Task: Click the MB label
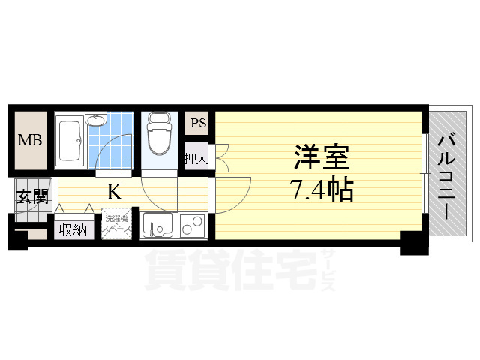(x=30, y=140)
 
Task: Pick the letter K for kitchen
(x=114, y=193)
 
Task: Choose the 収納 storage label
(x=73, y=229)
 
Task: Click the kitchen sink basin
(x=158, y=226)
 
